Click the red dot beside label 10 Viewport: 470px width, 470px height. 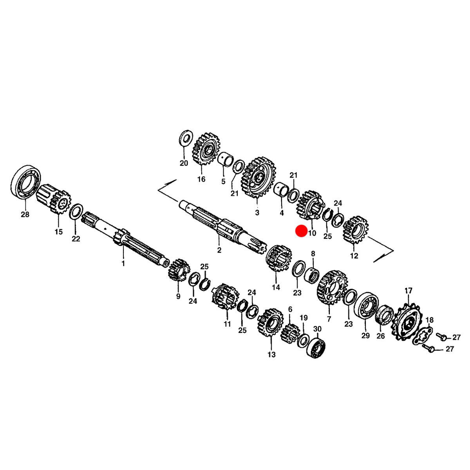[x=301, y=231]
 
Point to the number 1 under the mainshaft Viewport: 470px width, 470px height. [x=123, y=264]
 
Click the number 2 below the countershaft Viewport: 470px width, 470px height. [x=219, y=250]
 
